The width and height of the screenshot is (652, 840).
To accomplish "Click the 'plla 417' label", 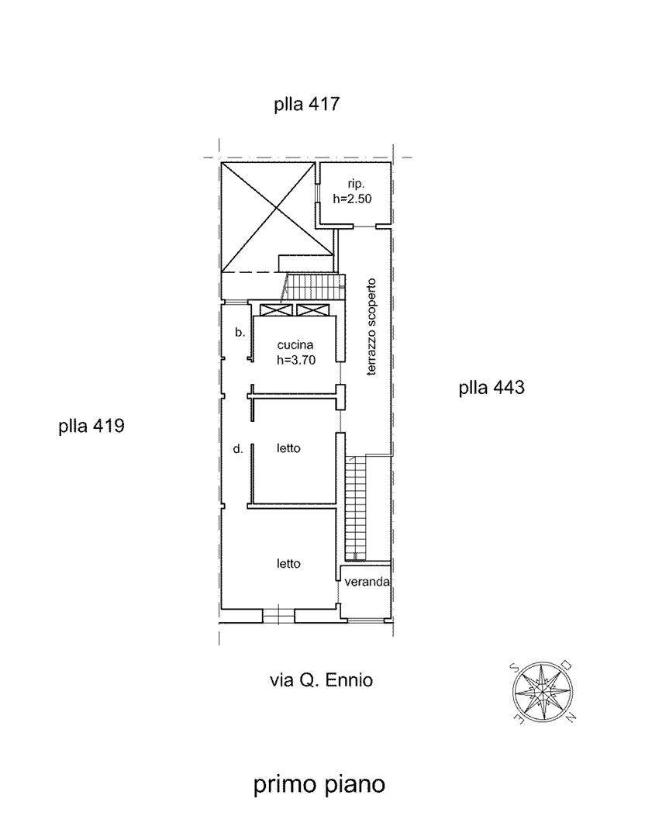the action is click(307, 104).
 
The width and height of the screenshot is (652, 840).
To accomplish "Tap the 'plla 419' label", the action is click(91, 427).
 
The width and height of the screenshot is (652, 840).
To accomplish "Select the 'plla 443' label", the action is click(492, 387).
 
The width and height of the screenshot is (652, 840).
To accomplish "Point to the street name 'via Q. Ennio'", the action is click(321, 680).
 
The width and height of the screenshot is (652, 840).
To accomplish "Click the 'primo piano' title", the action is click(319, 785).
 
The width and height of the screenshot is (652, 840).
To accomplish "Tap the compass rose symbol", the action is click(543, 692).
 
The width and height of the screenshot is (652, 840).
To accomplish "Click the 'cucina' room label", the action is click(295, 345).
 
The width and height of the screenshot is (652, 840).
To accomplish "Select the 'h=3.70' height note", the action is click(296, 360).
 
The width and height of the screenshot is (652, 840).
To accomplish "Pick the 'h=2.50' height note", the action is click(352, 199).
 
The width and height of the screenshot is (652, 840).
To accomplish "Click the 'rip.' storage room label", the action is click(355, 185).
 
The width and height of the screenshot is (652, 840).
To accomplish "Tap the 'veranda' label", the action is click(367, 582).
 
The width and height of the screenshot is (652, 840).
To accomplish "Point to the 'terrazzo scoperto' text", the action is click(371, 327).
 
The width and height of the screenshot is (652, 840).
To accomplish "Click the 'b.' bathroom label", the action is click(240, 332).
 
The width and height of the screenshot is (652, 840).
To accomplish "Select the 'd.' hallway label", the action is click(238, 449).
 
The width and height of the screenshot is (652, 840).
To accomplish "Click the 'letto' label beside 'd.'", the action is click(288, 448).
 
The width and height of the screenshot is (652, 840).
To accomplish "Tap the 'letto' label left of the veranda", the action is click(288, 564).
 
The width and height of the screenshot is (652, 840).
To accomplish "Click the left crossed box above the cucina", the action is click(276, 310).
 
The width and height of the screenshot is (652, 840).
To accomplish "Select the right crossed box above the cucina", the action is click(314, 310).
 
